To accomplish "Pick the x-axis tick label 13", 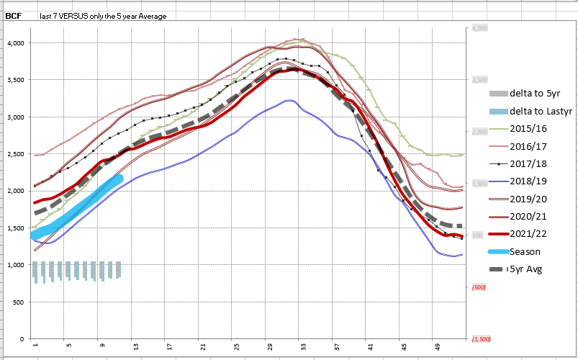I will (x=135, y=346).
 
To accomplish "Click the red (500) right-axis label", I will (x=479, y=287).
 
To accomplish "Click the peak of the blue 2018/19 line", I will (x=289, y=101).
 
